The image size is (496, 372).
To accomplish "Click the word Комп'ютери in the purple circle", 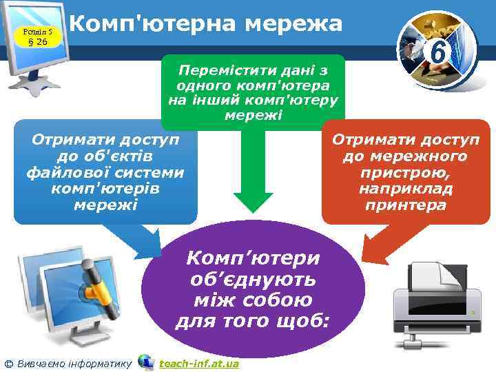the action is [x=254, y=259].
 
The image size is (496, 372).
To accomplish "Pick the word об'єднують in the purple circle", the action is [x=254, y=280].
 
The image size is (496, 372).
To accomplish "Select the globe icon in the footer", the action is [x=145, y=361].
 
